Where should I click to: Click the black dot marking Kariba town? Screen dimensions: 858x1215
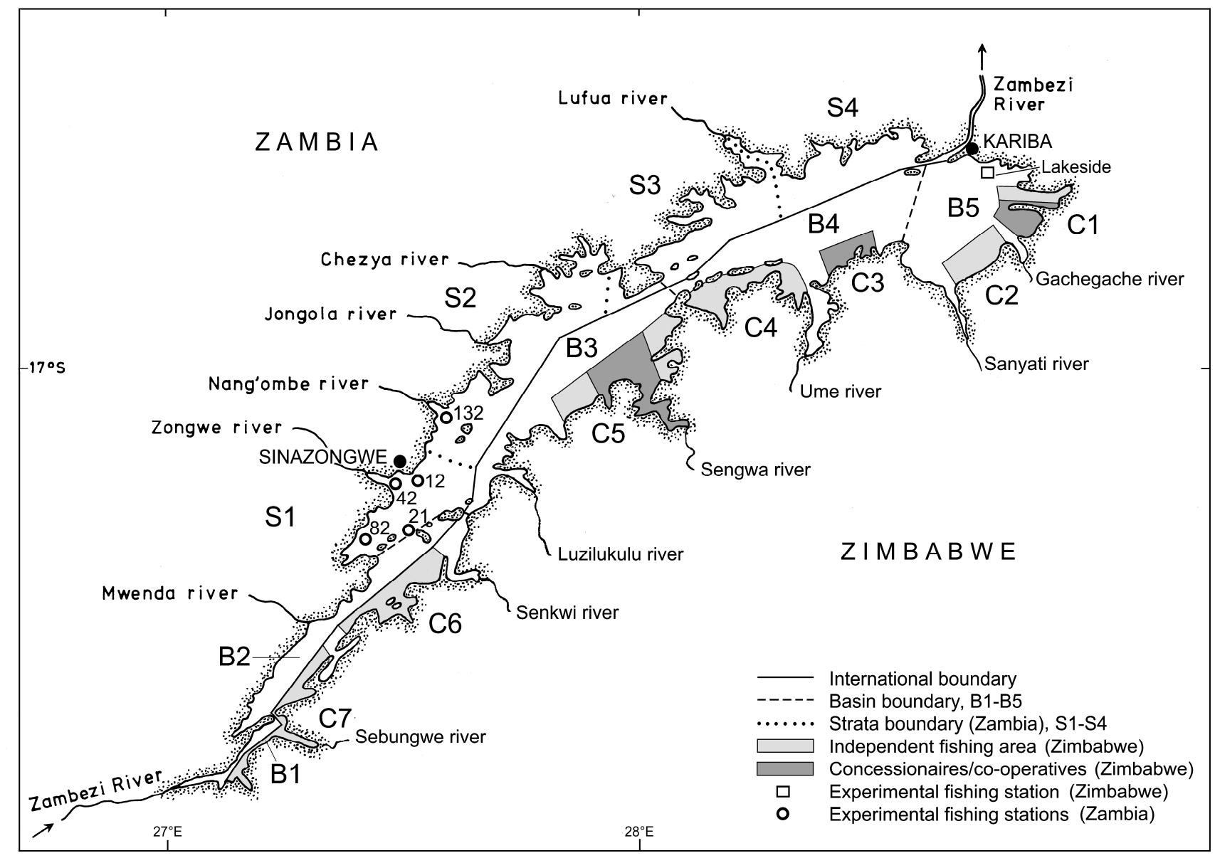[x=972, y=149]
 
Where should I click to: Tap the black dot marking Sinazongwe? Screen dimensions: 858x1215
[x=400, y=461]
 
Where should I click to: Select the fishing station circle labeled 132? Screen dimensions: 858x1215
[x=446, y=417]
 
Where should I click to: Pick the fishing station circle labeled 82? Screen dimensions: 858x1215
[x=365, y=539]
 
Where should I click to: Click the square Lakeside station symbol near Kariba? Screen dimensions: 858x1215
[x=987, y=172]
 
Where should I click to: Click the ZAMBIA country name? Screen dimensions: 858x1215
[x=317, y=143]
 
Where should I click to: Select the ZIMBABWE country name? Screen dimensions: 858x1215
[x=929, y=552]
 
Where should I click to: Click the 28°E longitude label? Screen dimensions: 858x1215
[x=638, y=831]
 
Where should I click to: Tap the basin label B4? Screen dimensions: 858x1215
[x=824, y=226]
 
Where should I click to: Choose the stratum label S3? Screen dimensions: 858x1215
[x=645, y=186]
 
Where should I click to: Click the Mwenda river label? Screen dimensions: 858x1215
[x=169, y=593]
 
